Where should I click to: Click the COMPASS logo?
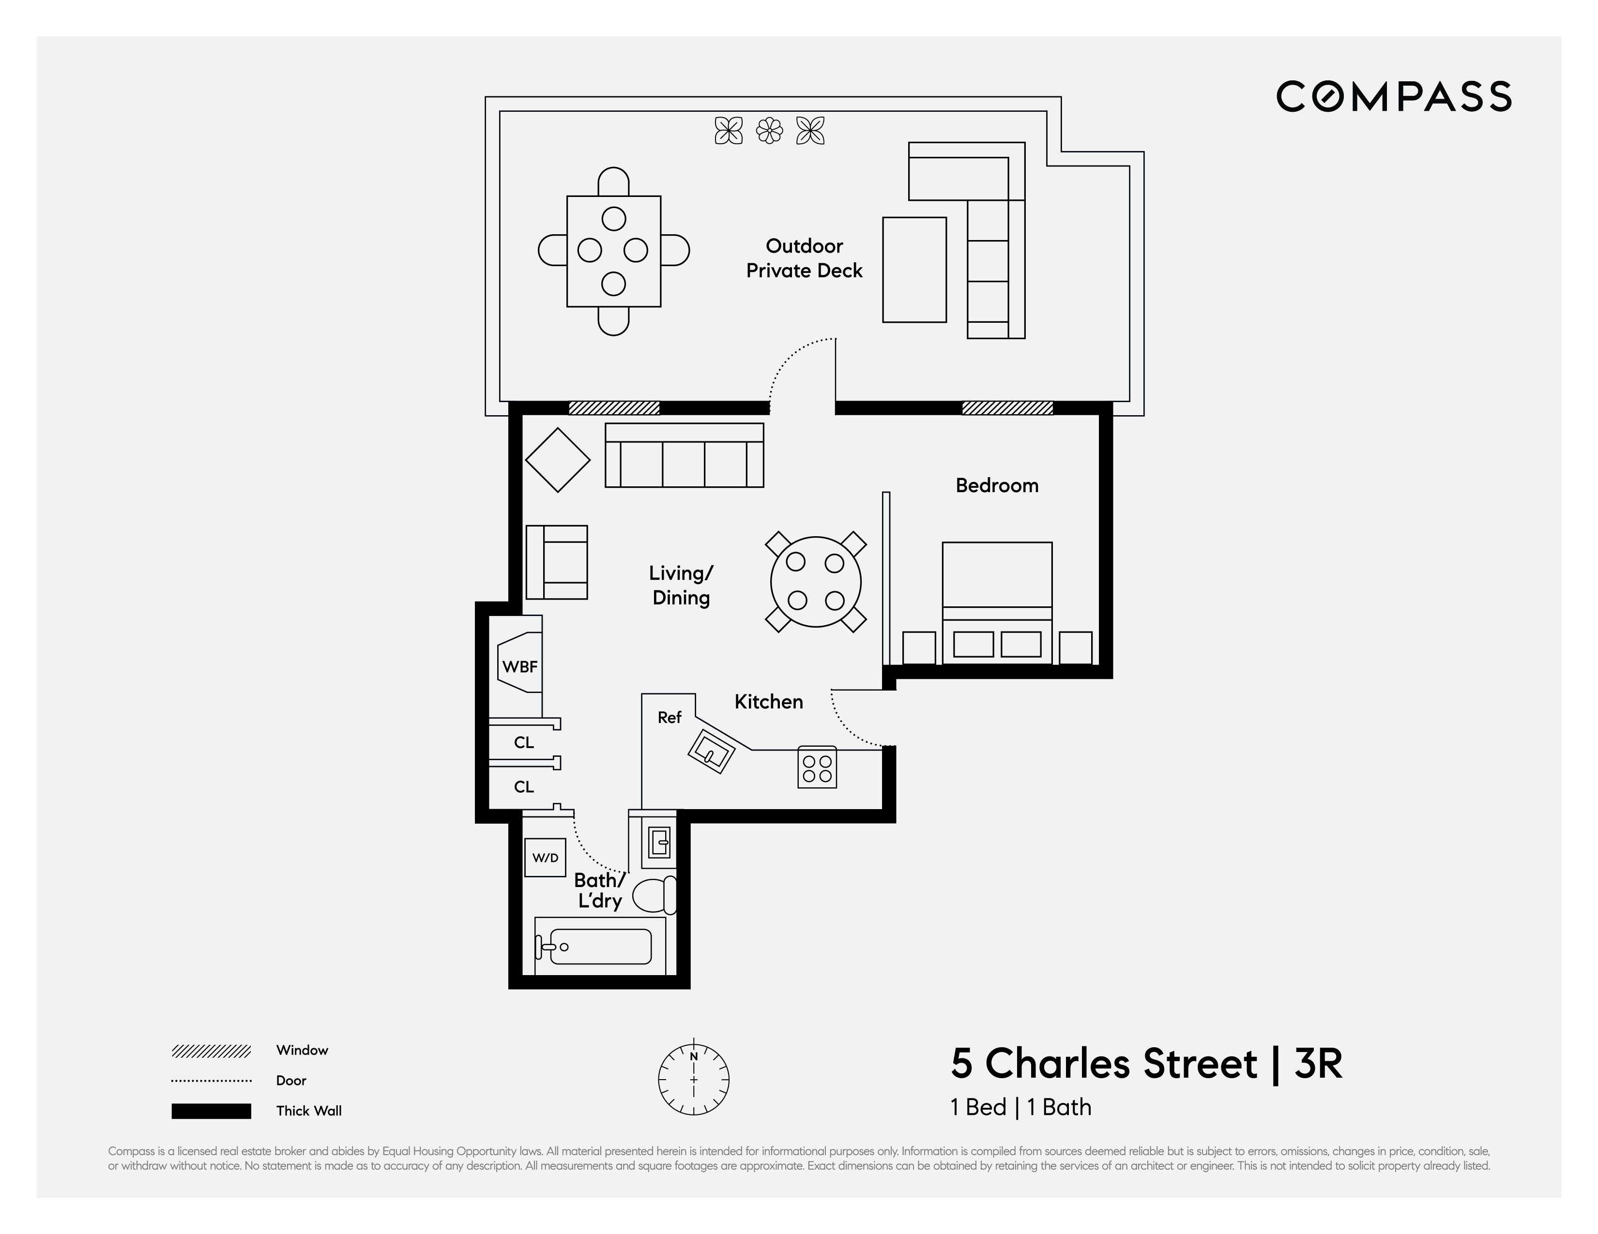coord(1393,97)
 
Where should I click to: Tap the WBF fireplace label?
coord(519,666)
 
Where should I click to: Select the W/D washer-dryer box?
coord(545,858)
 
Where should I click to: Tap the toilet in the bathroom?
coord(654,895)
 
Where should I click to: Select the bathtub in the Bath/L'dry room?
coord(599,947)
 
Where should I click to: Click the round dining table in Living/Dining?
coord(816,582)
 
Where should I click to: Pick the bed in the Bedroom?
coord(997,602)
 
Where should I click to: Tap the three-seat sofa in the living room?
coord(684,456)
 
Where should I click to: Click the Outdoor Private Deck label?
coord(804,258)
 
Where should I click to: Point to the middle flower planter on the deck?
coord(769,131)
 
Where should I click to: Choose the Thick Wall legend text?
coord(309,1111)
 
